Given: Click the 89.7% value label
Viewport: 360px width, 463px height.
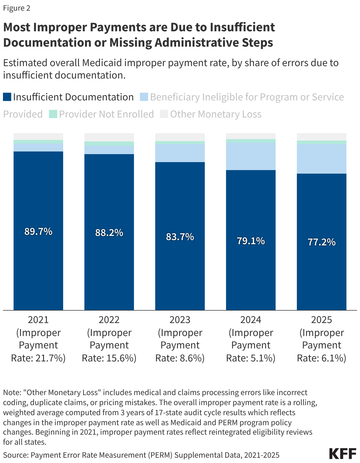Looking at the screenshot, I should click(x=38, y=231).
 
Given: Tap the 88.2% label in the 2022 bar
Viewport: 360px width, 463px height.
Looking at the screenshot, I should click(x=109, y=233).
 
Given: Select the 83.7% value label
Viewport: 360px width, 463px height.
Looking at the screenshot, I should click(x=180, y=237).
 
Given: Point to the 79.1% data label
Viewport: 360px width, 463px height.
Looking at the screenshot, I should click(x=251, y=241).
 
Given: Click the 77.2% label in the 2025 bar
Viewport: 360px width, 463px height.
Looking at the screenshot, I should click(x=322, y=242).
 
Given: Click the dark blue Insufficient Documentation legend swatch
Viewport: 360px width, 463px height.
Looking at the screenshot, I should click(x=7, y=97).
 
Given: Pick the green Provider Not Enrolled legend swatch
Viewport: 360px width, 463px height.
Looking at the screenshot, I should click(x=53, y=114).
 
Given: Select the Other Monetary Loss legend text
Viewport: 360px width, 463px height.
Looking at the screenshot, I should click(x=216, y=114).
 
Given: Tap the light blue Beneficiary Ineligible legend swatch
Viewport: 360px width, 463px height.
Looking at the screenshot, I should click(x=144, y=97).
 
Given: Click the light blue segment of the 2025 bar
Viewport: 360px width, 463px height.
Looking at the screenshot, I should click(x=322, y=159).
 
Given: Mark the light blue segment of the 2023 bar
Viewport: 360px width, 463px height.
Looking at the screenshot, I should click(x=180, y=153).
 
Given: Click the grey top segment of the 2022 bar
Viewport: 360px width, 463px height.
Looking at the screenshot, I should click(x=109, y=137).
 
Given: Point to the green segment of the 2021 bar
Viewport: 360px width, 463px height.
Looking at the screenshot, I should click(x=38, y=142).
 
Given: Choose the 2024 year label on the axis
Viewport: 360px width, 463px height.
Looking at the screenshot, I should click(x=251, y=320).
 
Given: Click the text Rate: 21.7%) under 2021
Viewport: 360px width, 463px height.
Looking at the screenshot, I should click(x=38, y=358).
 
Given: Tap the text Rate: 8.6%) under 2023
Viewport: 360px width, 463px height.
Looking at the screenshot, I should click(x=180, y=358).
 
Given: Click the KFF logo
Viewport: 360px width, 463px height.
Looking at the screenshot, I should click(x=343, y=454).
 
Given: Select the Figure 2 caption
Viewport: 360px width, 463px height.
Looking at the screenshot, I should click(x=17, y=8).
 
